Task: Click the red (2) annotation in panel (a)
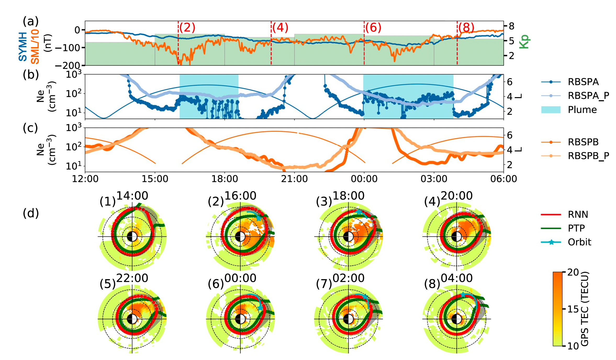tap(187, 27)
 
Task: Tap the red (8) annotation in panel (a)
tap(466, 27)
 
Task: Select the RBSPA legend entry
tap(583, 82)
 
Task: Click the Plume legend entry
tap(582, 110)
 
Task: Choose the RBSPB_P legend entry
tap(588, 156)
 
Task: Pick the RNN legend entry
tap(578, 215)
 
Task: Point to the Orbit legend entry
tap(579, 242)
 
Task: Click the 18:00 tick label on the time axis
tap(225, 179)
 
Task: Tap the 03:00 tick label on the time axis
tap(434, 179)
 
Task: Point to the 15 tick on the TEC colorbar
tap(573, 309)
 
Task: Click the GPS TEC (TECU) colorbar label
tap(585, 309)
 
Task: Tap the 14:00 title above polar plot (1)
tap(132, 196)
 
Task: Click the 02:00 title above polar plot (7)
tap(348, 278)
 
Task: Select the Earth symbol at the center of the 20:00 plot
tap(457, 237)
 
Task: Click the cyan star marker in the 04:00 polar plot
tap(463, 295)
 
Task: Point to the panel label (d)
tap(31, 213)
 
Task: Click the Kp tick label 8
tap(511, 26)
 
